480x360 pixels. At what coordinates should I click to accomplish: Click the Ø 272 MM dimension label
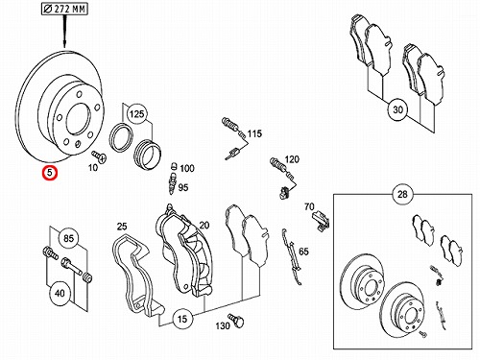point(64,9)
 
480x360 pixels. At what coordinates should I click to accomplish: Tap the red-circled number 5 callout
point(50,173)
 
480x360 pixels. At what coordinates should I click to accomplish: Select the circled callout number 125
point(136,113)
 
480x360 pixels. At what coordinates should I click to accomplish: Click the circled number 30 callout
point(397,109)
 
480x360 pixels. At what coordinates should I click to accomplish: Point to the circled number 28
point(402,194)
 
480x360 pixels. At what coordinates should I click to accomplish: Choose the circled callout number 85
point(68,238)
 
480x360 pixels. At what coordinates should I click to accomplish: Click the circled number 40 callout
point(60,293)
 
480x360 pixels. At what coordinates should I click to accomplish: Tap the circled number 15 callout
point(181,319)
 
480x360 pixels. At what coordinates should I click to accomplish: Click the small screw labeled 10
point(100,156)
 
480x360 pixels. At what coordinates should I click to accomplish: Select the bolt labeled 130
point(236,321)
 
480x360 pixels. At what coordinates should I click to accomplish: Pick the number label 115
point(254,133)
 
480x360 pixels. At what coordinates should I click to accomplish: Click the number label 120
point(292,159)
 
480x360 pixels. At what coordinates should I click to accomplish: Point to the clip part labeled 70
point(321,221)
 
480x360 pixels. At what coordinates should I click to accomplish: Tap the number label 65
point(303,252)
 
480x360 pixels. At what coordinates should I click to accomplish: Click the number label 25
point(122,227)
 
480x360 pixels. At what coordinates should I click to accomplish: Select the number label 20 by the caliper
point(204,226)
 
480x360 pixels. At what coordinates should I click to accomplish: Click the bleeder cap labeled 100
point(174,166)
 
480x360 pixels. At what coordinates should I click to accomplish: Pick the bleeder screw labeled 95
point(173,183)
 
